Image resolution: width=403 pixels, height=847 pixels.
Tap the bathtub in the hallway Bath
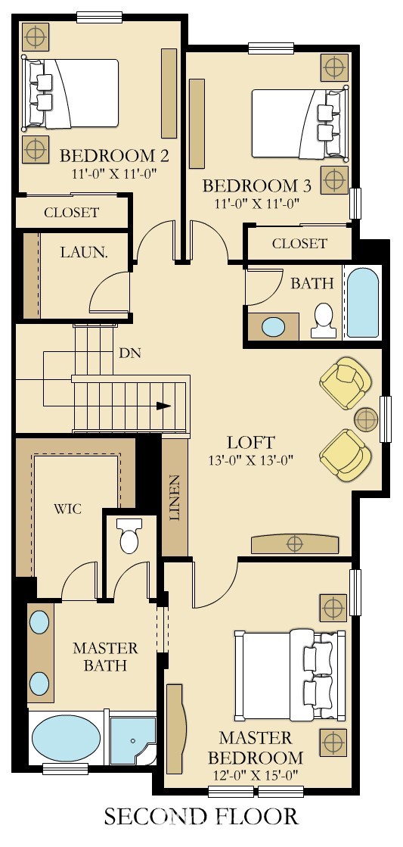tap(362, 303)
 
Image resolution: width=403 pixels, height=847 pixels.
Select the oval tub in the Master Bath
tap(66, 739)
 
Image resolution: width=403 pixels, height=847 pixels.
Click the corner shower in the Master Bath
tap(132, 740)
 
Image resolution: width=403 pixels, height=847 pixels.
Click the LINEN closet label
tap(175, 497)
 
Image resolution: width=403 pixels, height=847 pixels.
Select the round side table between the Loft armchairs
tap(367, 419)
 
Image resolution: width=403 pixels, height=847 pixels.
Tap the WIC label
tap(67, 509)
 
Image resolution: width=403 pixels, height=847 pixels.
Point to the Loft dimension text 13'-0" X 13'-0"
tap(251, 460)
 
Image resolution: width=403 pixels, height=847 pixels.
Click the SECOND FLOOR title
tap(200, 816)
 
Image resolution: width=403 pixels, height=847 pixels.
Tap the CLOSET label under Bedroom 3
tap(299, 244)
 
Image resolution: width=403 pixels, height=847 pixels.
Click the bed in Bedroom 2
tap(70, 93)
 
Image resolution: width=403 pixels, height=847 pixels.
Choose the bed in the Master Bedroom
tap(290, 674)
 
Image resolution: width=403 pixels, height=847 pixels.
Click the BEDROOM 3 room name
tap(257, 186)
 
